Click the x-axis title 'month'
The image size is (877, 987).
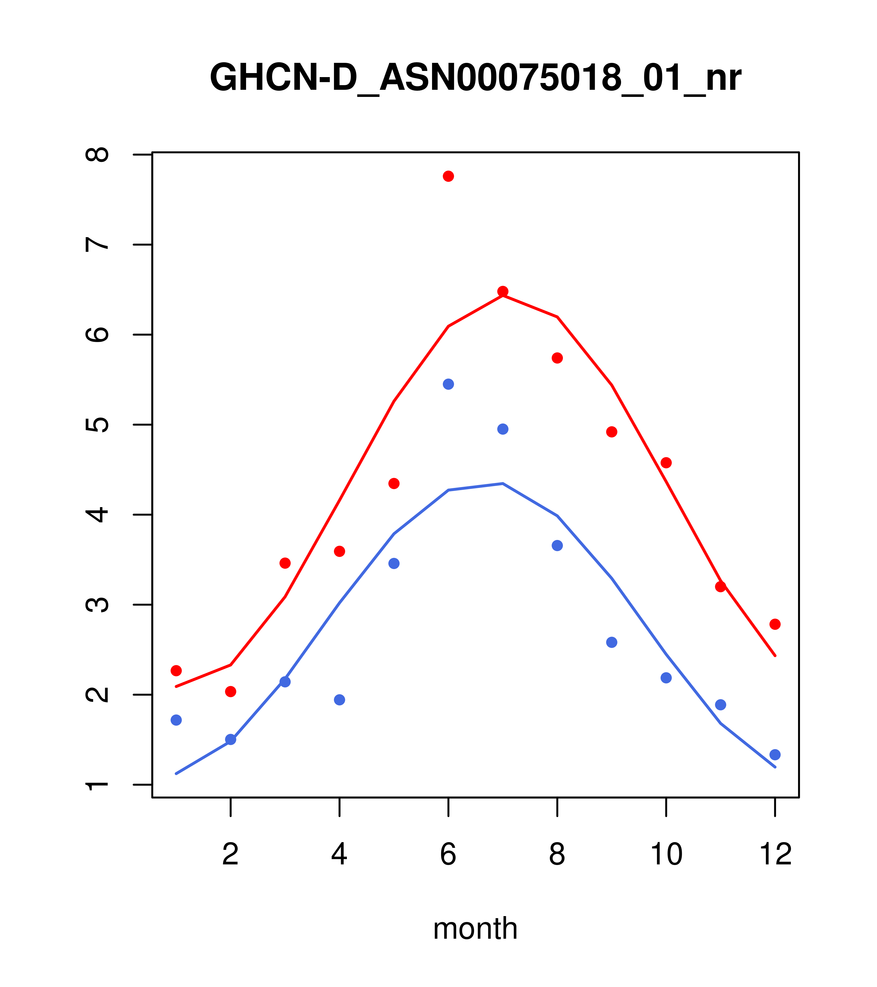point(475,928)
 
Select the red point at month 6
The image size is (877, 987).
point(448,176)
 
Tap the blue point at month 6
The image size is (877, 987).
point(448,384)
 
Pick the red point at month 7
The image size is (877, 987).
point(503,291)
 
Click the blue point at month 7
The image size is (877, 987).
point(503,429)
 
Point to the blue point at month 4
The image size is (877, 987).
point(340,700)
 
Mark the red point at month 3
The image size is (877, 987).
point(285,563)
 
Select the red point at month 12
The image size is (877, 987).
point(775,624)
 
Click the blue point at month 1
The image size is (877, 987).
point(176,720)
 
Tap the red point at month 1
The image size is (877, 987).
point(176,671)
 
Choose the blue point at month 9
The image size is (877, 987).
point(611,642)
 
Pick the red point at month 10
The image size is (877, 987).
point(666,463)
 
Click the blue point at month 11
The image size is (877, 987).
point(721,705)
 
